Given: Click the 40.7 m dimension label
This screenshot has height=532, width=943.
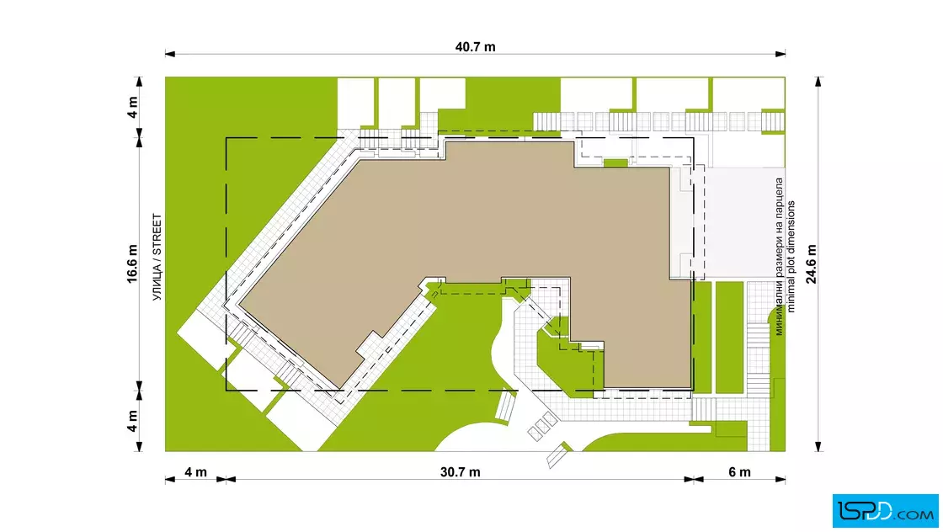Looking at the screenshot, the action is coord(475,47).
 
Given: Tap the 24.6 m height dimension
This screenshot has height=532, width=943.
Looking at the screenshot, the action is coord(812,264).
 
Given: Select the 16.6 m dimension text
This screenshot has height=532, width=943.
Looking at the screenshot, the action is coord(132,264).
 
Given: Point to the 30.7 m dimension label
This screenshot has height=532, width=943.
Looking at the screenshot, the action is coord(460,472).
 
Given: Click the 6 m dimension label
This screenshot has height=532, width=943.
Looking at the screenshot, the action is coord(740,472).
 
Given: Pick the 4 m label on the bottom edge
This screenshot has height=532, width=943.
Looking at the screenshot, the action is coord(195,472).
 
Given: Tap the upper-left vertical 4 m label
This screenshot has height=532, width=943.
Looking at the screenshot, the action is coord(132,107).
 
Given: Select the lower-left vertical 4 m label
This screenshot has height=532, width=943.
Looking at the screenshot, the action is coord(132,421).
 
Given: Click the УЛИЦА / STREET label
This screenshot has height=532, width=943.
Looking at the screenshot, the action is coord(157,258).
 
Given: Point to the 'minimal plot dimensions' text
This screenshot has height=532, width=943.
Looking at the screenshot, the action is coord(791,257).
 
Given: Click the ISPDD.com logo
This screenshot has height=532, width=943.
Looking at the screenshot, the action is coord(885,511).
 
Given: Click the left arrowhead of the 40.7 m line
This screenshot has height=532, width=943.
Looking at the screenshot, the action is coord(170,54).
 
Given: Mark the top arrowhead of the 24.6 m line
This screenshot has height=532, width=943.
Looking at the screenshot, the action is coord(818,82).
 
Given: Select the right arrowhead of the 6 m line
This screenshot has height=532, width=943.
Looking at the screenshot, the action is coord(780,479).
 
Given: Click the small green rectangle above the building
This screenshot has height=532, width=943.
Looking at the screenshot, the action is coord(615,163).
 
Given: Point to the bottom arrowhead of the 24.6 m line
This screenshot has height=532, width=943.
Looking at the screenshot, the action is coord(818,446).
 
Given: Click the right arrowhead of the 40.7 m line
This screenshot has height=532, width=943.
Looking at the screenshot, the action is coord(780,54).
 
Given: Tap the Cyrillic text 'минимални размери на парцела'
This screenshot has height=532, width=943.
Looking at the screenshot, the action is coord(779,257).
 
